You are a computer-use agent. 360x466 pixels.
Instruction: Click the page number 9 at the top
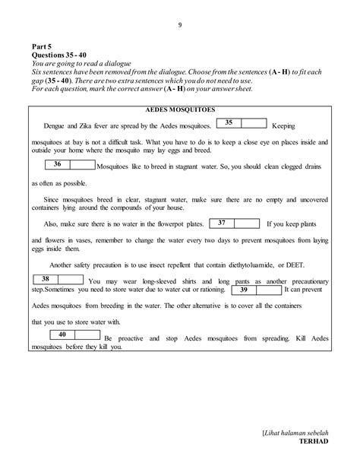tap(180, 24)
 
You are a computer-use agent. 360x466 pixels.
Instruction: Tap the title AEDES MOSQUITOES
tap(180, 109)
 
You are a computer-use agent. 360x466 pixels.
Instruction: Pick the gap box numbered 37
tap(233, 223)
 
